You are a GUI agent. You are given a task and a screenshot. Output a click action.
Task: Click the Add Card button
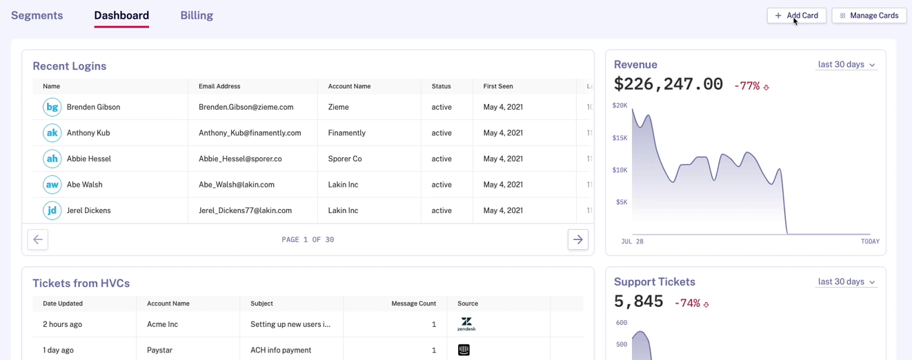[x=796, y=15]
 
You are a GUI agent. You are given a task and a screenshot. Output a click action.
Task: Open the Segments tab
[x=37, y=15]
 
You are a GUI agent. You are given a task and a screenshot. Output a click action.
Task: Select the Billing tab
[x=197, y=15]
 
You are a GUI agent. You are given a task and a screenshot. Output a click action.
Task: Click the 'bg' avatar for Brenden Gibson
[x=52, y=107]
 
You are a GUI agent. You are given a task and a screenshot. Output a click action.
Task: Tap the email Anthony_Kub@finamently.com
[x=250, y=133]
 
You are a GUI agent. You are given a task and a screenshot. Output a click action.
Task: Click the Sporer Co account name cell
[x=345, y=159]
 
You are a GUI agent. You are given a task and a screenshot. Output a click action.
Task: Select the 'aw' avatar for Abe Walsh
[x=52, y=185]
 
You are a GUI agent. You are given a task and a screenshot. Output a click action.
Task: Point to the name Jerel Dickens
[x=88, y=210]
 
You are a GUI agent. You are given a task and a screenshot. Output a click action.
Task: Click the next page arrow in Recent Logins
[x=577, y=239]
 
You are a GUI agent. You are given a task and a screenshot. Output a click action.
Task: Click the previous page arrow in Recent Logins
[x=38, y=239]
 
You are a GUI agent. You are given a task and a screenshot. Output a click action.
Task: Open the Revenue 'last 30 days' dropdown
[x=846, y=65]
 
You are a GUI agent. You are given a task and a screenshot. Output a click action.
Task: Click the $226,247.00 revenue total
[x=668, y=84]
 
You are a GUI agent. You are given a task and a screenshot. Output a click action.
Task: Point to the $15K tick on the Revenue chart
[x=619, y=138]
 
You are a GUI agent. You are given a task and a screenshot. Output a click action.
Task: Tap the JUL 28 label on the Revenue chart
[x=632, y=241]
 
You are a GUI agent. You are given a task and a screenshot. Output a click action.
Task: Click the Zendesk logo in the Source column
[x=466, y=324]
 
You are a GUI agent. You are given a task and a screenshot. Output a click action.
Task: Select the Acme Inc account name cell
[x=162, y=324]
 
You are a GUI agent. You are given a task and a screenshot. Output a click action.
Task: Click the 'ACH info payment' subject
[x=281, y=350]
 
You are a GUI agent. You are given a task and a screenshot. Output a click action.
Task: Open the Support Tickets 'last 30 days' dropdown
[x=846, y=282]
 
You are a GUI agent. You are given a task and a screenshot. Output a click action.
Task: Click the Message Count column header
[x=413, y=303]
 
